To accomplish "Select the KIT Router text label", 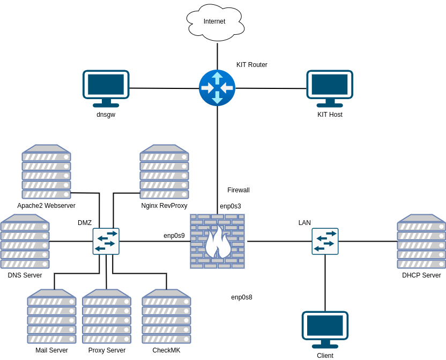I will point(251,65).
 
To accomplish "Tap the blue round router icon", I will point(217,88).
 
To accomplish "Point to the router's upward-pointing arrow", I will point(217,78).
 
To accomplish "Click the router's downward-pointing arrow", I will point(217,98).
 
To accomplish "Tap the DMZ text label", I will point(85,223).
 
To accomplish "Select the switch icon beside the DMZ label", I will point(106,241).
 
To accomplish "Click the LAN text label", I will point(304,223).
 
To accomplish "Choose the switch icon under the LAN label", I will point(325,241).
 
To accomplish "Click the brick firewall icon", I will point(217,241).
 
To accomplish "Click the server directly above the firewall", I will point(164,171).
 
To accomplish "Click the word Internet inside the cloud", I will point(214,21).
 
